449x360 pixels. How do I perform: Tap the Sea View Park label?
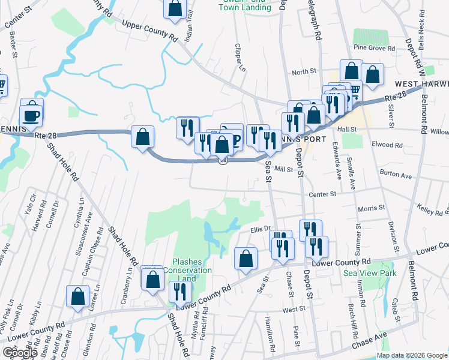(x=370, y=273)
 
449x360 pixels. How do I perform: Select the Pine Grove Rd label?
(x=374, y=48)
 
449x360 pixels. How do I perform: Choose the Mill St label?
(x=283, y=170)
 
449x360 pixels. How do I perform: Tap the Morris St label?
(x=371, y=208)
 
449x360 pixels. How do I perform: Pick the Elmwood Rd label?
(x=387, y=145)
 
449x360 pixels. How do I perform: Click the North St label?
(x=304, y=72)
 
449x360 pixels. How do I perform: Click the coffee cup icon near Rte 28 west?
(x=31, y=115)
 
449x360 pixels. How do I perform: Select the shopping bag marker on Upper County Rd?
(x=175, y=8)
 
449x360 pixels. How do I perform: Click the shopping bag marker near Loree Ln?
(x=78, y=296)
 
